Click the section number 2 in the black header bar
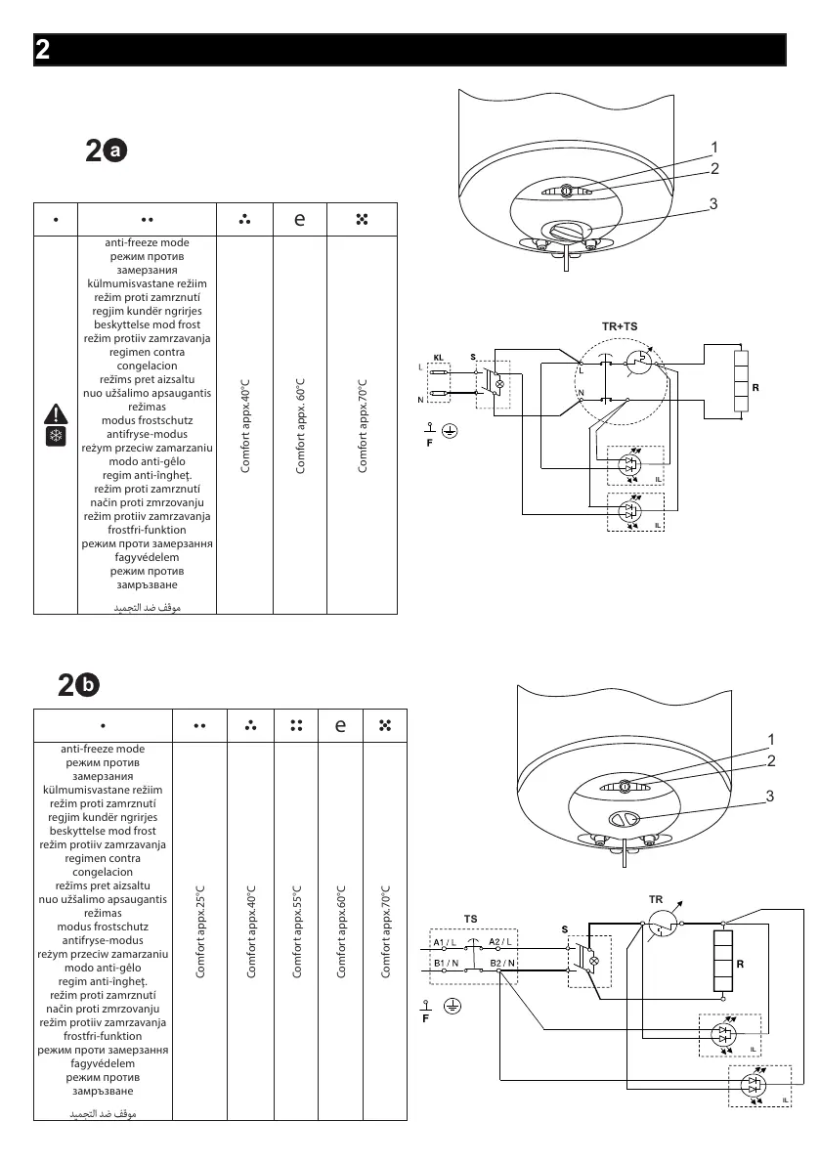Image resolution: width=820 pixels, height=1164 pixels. coord(43,51)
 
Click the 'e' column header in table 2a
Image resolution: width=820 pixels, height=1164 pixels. coord(301,220)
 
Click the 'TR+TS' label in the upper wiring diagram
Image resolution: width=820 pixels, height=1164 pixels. coord(619,324)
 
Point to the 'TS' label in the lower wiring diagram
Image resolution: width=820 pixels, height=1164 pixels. coord(470,920)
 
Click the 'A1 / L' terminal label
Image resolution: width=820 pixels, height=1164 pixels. coord(446,941)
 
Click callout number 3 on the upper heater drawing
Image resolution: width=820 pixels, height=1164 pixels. coord(714,204)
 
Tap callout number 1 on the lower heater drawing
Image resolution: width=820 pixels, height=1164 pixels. coord(770,739)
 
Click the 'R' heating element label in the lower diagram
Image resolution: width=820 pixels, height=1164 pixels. coord(741,963)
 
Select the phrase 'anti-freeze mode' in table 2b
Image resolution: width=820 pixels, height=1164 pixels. coord(103,749)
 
